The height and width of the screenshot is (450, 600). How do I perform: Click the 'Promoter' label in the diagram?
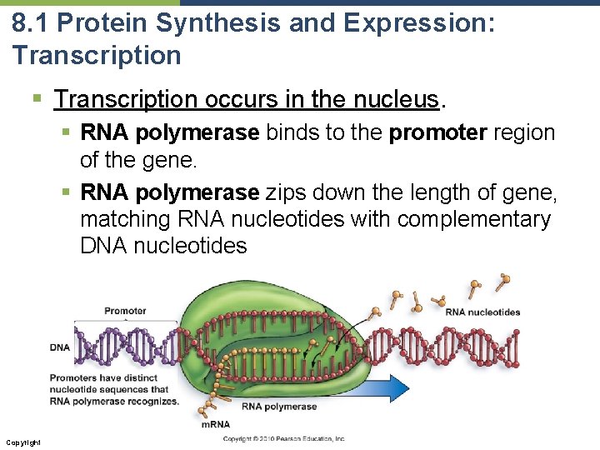click(125, 311)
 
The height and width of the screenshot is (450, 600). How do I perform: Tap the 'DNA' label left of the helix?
click(60, 347)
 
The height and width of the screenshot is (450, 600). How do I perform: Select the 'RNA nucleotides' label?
click(483, 312)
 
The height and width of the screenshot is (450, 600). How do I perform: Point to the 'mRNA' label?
click(216, 425)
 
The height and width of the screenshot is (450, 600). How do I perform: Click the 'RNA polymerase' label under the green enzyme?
click(279, 407)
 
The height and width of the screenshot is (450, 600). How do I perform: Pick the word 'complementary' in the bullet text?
click(474, 219)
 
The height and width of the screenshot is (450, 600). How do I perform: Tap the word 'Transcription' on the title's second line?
click(97, 56)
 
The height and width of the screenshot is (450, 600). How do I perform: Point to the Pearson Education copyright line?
click(283, 438)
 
